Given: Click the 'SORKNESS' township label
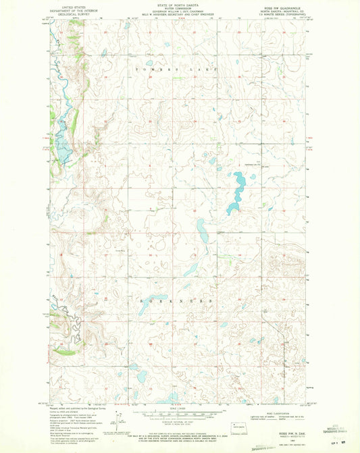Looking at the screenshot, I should pyautogui.click(x=178, y=299).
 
